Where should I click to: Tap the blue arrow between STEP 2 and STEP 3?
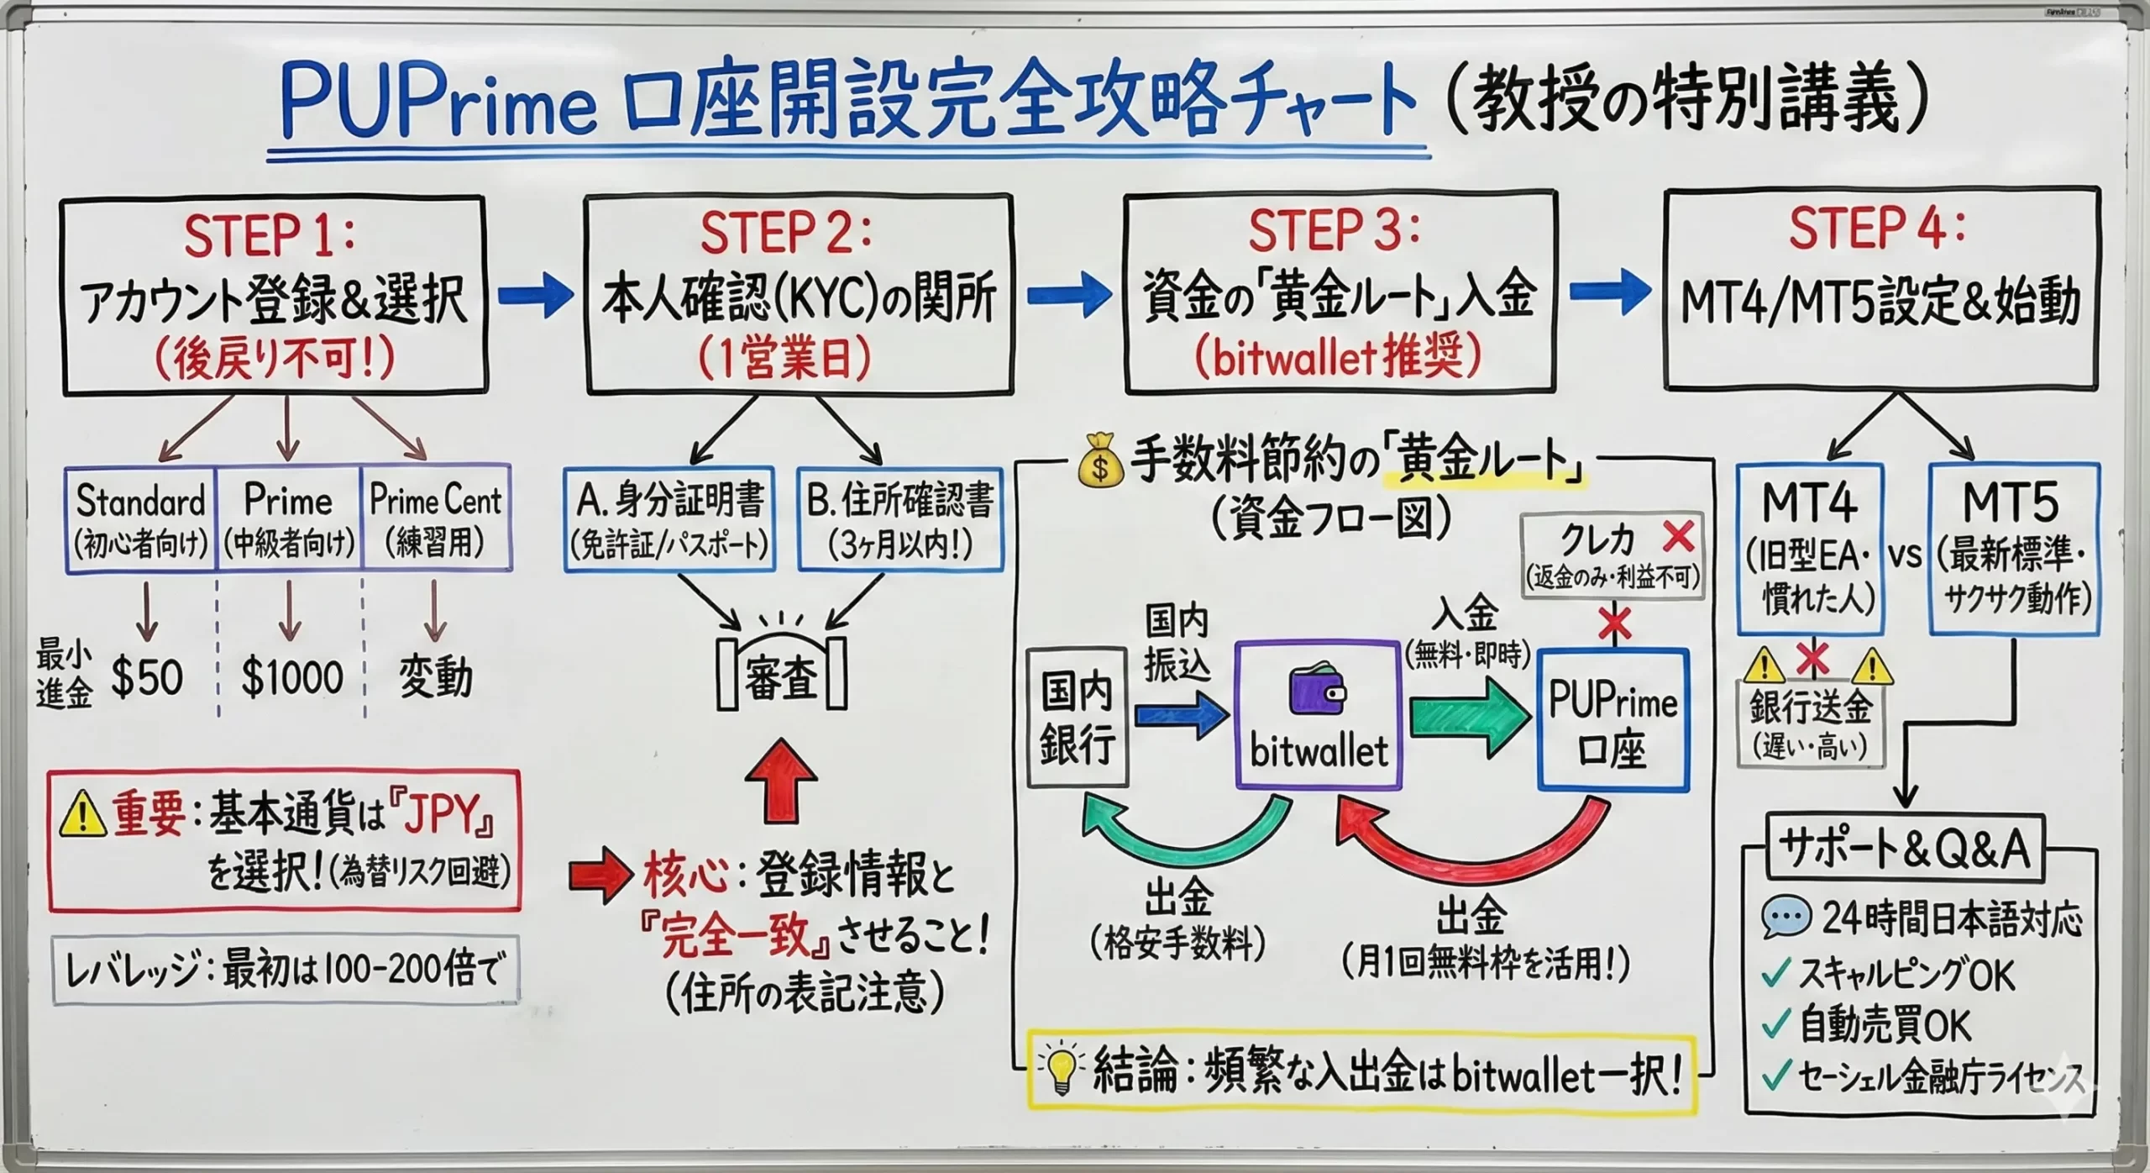pyautogui.click(x=1068, y=295)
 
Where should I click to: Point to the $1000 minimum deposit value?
pyautogui.click(x=291, y=677)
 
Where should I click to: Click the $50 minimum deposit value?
pyautogui.click(x=147, y=677)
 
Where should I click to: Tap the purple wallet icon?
pyautogui.click(x=1318, y=692)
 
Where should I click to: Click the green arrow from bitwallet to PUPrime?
pyautogui.click(x=1468, y=717)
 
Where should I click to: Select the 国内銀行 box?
pyautogui.click(x=1077, y=717)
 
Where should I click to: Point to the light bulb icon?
pyautogui.click(x=1060, y=1073)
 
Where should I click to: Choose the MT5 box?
pyautogui.click(x=2013, y=548)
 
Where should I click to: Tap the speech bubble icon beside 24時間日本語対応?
pyautogui.click(x=1786, y=918)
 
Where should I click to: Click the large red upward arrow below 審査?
pyautogui.click(x=781, y=781)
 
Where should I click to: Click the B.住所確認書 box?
pyautogui.click(x=900, y=519)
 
